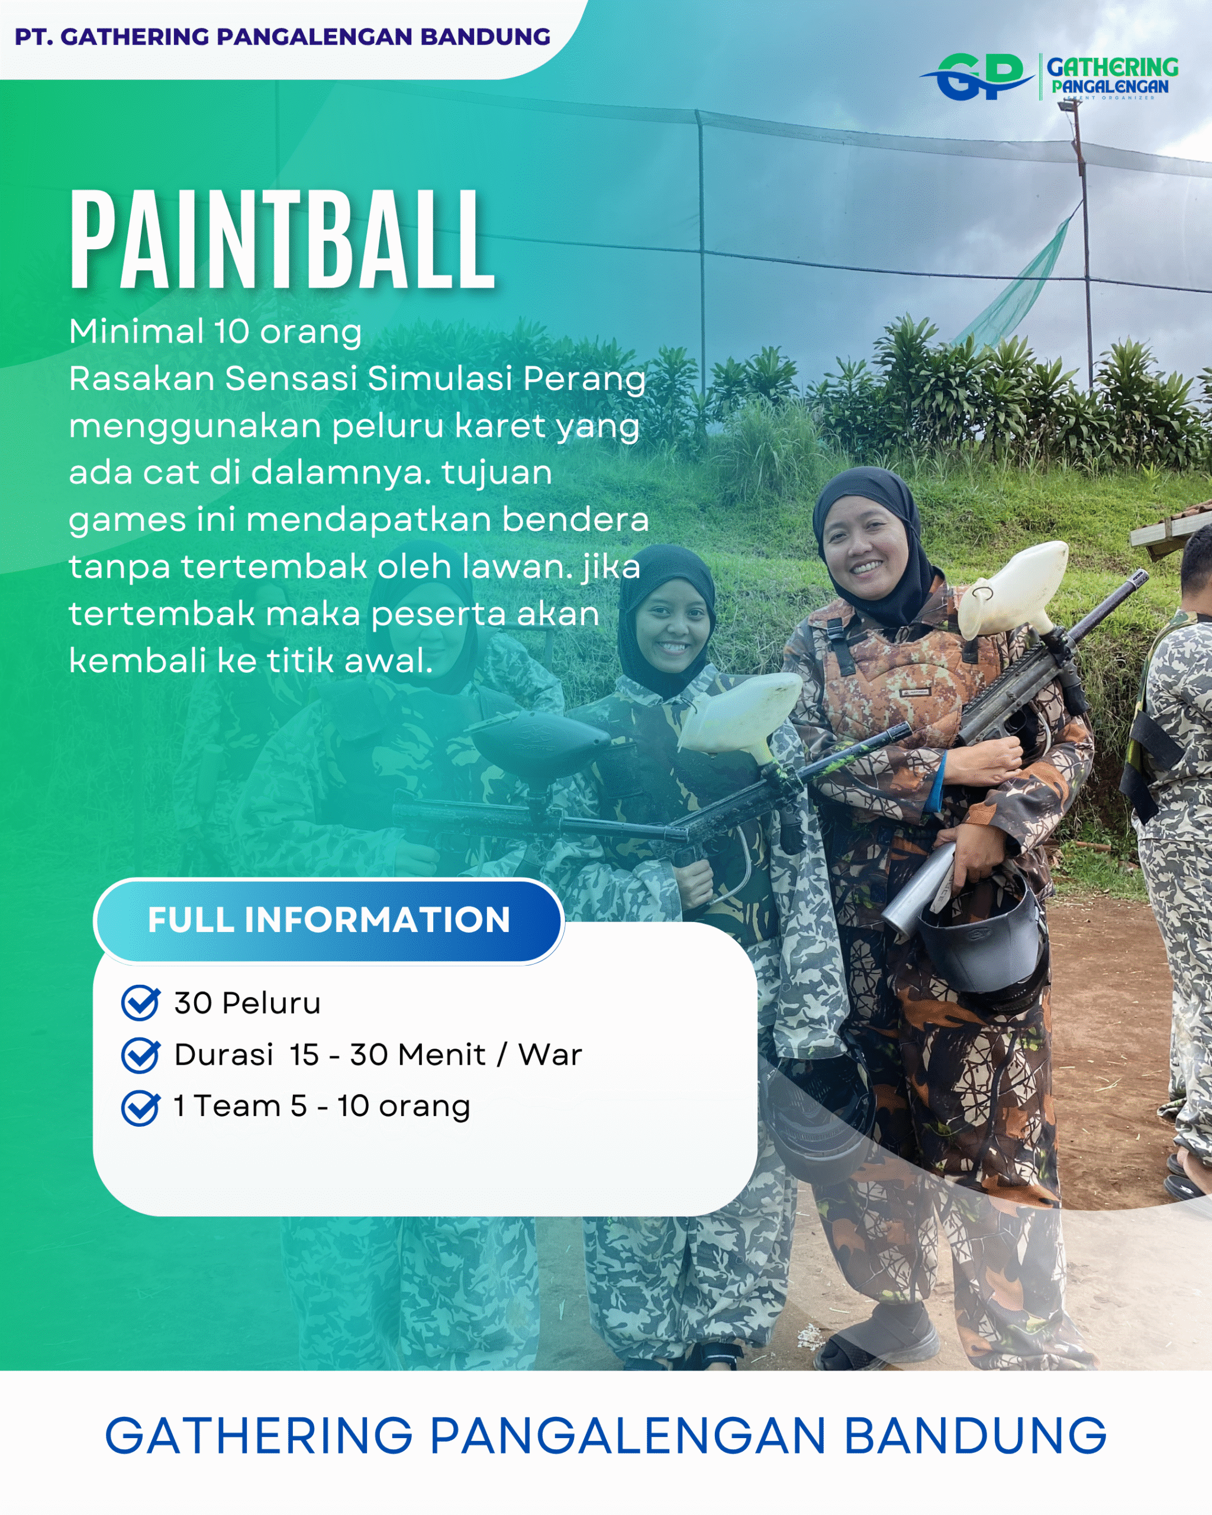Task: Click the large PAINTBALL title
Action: coord(282,240)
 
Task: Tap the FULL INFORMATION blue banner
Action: coord(329,920)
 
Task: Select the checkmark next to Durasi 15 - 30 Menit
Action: coord(140,1055)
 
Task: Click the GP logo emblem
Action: coord(976,76)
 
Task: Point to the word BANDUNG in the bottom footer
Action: coord(975,1435)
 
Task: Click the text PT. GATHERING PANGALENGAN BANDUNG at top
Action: coord(282,37)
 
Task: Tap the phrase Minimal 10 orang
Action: coord(215,331)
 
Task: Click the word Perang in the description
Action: coord(584,380)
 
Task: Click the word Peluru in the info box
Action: coord(271,1003)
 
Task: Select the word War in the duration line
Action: coord(550,1055)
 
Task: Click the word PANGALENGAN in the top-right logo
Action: coord(1110,86)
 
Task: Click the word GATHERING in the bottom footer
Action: coord(259,1435)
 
